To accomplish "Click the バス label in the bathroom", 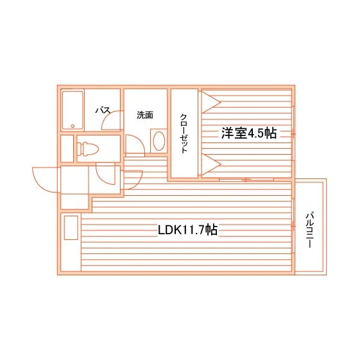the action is pyautogui.click(x=103, y=110).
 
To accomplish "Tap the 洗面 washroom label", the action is pyautogui.click(x=145, y=115).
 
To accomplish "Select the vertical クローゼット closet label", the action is pyautogui.click(x=184, y=133).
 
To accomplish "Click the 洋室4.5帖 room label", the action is pyautogui.click(x=249, y=133).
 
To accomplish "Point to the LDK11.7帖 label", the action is pyautogui.click(x=187, y=230).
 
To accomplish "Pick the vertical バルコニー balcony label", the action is pyautogui.click(x=310, y=230).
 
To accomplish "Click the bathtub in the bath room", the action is pyautogui.click(x=73, y=110).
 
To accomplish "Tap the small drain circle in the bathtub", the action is pyautogui.click(x=73, y=126).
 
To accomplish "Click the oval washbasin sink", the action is pyautogui.click(x=159, y=141).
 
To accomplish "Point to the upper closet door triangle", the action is pyautogui.click(x=210, y=102).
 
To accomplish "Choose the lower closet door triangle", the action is pyautogui.click(x=210, y=164).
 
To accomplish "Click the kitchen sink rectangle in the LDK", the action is pyautogui.click(x=71, y=228).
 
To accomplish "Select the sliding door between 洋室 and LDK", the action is pyautogui.click(x=246, y=180).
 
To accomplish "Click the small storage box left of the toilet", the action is pyautogui.click(x=67, y=148).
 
